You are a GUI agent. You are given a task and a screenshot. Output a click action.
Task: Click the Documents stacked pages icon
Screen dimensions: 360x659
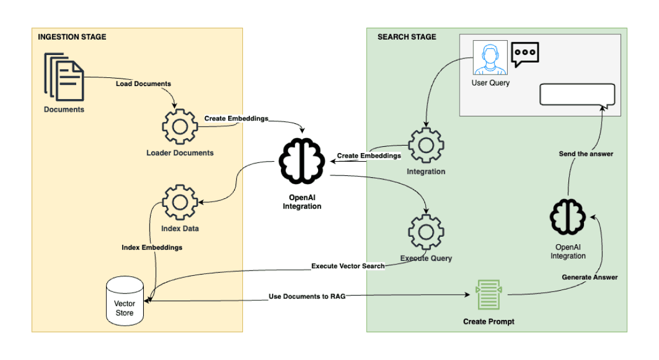tap(64, 77)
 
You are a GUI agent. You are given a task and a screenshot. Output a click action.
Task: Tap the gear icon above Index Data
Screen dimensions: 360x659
tap(180, 202)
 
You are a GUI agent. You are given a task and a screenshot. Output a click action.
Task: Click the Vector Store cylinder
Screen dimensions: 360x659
tap(124, 301)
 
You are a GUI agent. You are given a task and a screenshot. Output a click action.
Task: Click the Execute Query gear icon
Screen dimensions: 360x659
tap(426, 232)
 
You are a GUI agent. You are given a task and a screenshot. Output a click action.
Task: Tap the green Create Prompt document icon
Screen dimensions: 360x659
tap(488, 294)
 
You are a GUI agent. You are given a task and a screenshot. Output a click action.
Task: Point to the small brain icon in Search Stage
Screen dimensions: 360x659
tap(567, 218)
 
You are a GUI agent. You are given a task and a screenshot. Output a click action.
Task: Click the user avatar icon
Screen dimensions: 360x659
tap(490, 57)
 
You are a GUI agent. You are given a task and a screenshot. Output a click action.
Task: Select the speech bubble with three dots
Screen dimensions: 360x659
tap(525, 54)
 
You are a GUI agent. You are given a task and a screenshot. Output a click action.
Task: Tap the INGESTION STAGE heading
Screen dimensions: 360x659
tap(72, 37)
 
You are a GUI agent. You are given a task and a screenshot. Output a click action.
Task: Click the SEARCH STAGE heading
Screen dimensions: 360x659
tap(407, 37)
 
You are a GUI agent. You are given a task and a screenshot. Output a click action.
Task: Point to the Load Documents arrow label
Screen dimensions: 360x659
tap(143, 84)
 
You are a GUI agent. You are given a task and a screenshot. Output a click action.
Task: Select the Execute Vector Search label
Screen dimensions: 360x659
tap(348, 266)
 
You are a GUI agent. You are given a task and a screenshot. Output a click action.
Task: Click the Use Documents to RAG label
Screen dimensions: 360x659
tap(307, 297)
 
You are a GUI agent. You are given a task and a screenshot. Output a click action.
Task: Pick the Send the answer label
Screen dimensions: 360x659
tap(586, 154)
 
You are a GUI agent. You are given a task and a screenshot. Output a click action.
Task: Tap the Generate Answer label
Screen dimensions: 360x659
tap(590, 277)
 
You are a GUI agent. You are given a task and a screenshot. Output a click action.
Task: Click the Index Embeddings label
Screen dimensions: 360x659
tap(152, 248)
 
